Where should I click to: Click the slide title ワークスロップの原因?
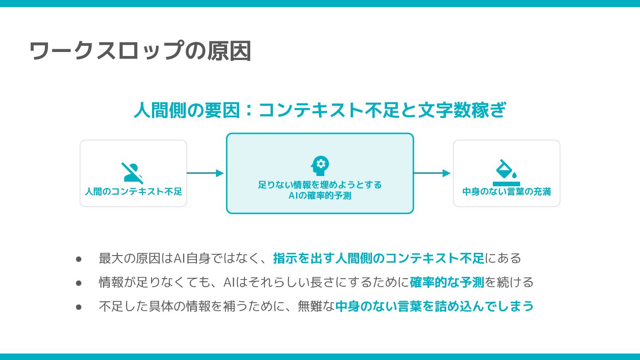(x=140, y=51)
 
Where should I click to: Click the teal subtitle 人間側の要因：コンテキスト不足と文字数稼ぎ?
(x=320, y=110)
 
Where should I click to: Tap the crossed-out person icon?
(x=132, y=173)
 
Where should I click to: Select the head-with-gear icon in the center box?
(x=320, y=166)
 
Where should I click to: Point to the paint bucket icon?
(x=507, y=172)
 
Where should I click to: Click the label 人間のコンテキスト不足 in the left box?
(x=133, y=192)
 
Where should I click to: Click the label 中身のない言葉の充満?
(x=507, y=192)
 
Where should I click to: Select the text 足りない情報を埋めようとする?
(x=320, y=184)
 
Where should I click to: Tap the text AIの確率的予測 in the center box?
(x=320, y=196)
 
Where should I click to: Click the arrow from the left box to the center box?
(x=205, y=173)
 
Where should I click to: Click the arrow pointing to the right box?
(x=432, y=173)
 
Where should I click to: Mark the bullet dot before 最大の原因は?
(x=79, y=259)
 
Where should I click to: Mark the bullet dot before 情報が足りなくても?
(x=79, y=283)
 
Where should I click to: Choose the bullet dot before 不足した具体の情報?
(x=79, y=307)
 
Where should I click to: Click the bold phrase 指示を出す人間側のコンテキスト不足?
(x=379, y=258)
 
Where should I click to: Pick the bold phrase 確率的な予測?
(x=447, y=282)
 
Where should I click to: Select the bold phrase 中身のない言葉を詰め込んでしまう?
(x=434, y=306)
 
